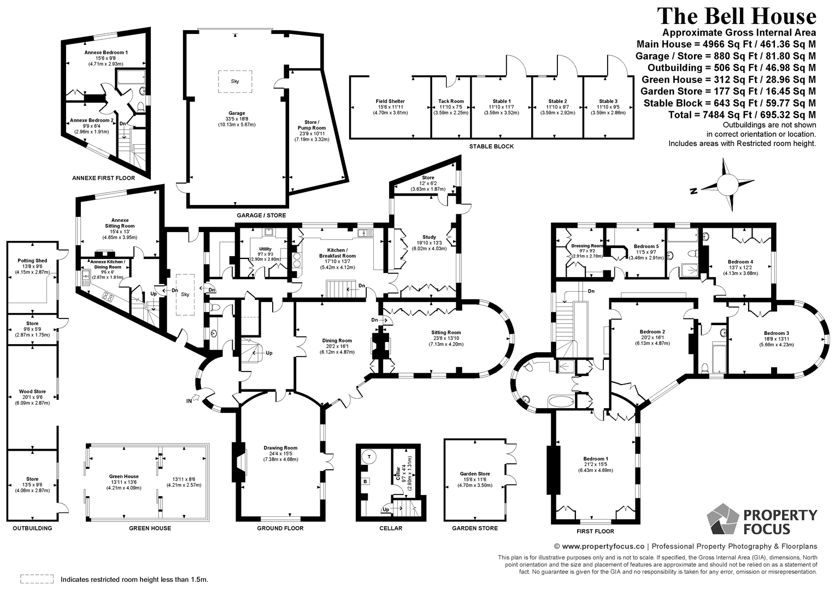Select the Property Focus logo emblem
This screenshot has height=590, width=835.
click(x=723, y=518)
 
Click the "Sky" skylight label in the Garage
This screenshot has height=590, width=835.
click(x=235, y=81)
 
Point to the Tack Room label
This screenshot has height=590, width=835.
click(x=451, y=101)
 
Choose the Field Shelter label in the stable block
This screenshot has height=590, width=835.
click(x=390, y=101)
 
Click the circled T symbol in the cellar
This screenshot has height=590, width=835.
click(x=369, y=457)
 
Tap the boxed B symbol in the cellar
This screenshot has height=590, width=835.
click(x=365, y=481)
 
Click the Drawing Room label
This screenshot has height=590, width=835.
click(x=281, y=448)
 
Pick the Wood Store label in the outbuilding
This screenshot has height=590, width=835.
click(x=32, y=391)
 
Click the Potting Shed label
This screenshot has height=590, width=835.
click(x=32, y=261)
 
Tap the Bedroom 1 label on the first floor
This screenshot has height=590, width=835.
click(x=596, y=458)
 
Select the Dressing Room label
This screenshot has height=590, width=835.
click(x=587, y=246)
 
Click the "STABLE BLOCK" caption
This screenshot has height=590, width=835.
click(x=491, y=146)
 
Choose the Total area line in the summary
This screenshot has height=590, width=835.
click(x=742, y=114)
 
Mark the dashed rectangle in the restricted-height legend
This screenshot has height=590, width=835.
click(x=37, y=579)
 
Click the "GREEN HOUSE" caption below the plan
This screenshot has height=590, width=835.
click(x=150, y=528)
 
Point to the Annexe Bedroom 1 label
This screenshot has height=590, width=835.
click(x=106, y=52)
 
